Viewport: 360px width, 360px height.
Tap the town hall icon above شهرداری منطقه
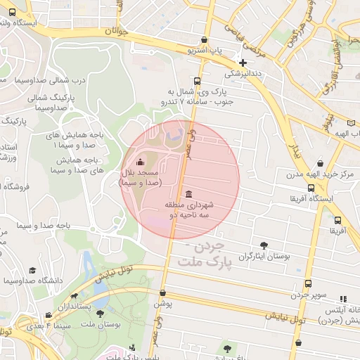(x=188, y=194)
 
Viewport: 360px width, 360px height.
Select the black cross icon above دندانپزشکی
(x=243, y=63)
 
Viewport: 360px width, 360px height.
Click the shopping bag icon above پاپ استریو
(x=204, y=40)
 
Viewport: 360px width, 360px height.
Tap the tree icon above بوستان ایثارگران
(x=264, y=245)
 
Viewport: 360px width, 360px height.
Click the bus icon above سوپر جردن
(x=308, y=283)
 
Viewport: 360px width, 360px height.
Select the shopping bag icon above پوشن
(x=162, y=293)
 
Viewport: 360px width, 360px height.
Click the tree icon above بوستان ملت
(x=99, y=314)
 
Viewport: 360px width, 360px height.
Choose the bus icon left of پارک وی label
(x=197, y=80)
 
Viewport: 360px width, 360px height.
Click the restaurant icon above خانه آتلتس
(x=343, y=299)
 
